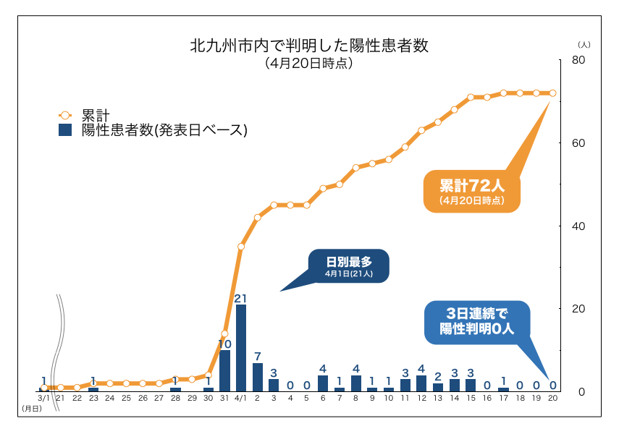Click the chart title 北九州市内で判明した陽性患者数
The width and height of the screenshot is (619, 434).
(x=309, y=46)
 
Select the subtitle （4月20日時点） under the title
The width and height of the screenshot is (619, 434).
(x=309, y=63)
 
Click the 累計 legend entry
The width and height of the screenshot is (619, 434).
(x=95, y=115)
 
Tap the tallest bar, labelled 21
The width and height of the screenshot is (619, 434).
(x=241, y=347)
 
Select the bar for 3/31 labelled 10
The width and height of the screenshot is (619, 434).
(x=224, y=370)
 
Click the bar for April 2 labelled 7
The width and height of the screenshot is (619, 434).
(x=258, y=377)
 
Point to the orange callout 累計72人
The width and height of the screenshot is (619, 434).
(x=471, y=190)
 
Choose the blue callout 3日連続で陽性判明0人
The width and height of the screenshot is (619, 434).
(x=477, y=320)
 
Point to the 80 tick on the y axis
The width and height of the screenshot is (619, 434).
(x=578, y=60)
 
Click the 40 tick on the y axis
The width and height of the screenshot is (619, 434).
(x=578, y=226)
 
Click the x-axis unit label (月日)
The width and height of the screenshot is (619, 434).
(x=31, y=409)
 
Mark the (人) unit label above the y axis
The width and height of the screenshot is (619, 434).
(x=584, y=45)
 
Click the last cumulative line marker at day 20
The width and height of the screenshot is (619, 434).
(x=552, y=93)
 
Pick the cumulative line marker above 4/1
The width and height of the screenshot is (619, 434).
(x=241, y=247)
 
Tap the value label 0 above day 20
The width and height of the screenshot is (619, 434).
(x=552, y=385)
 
